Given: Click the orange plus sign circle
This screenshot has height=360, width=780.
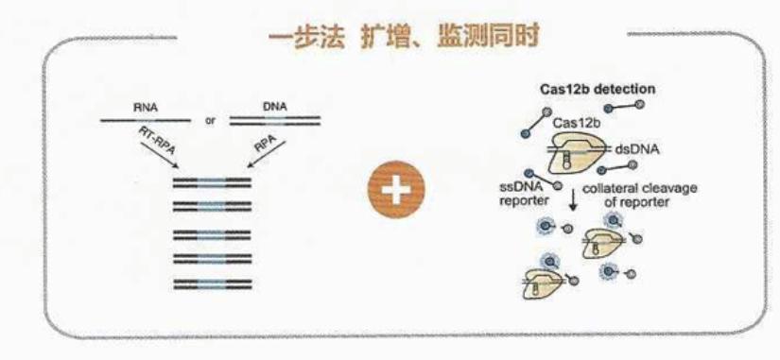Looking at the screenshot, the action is [396, 189].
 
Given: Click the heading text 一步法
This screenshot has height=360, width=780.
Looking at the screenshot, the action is [306, 37].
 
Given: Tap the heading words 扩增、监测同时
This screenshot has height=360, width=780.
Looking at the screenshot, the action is [450, 37].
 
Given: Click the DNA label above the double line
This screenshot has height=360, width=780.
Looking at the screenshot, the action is [274, 106].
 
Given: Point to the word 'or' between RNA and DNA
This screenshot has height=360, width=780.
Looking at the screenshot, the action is [210, 121].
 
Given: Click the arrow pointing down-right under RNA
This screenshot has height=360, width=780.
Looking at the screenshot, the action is [159, 155].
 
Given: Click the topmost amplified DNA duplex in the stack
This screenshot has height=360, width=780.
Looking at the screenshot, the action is [212, 182].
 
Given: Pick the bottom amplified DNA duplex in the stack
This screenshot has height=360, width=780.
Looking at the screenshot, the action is [212, 283].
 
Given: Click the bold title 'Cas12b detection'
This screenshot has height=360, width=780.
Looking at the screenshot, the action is [598, 90].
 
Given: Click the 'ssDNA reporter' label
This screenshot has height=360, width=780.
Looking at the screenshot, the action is [524, 195].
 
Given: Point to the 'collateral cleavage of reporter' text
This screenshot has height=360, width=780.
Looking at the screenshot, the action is [640, 195].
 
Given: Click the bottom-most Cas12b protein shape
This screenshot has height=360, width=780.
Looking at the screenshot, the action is [543, 284].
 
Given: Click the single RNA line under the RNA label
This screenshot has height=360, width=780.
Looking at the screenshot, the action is [146, 120].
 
